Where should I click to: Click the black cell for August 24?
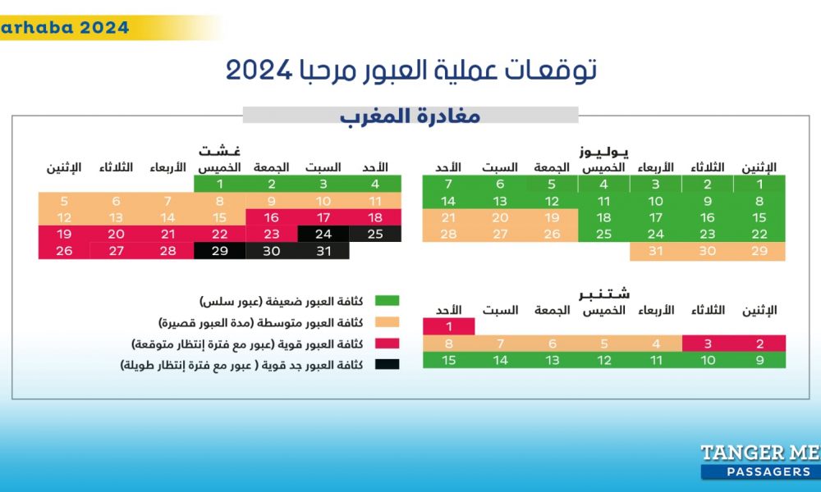(323, 235)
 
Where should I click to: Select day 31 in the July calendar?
(655, 252)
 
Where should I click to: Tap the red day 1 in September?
(449, 326)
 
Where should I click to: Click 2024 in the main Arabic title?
(259, 71)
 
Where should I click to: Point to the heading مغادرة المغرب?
(410, 116)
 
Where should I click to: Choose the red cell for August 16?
(272, 217)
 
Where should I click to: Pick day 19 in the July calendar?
(552, 218)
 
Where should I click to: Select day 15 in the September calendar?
(449, 360)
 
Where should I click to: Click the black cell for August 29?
(219, 252)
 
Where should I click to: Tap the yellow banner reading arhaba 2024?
(66, 27)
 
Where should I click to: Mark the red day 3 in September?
(707, 344)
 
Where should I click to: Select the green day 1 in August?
(219, 184)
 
